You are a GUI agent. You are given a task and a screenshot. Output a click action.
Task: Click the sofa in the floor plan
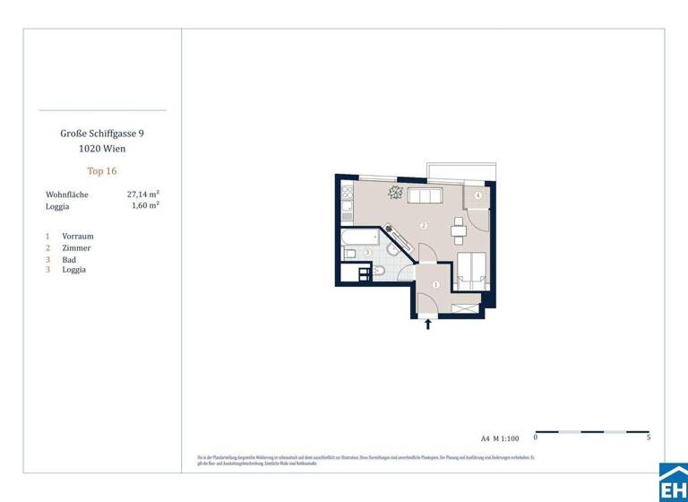click(423, 197)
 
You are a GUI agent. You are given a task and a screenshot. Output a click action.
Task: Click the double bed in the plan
click(471, 269)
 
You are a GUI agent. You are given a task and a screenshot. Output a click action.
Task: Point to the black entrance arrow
click(427, 324)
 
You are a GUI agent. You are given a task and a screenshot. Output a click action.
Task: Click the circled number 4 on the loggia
click(478, 195)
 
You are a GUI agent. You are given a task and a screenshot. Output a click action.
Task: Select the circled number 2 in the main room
click(424, 225)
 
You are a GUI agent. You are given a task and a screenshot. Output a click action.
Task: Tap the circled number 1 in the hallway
click(435, 285)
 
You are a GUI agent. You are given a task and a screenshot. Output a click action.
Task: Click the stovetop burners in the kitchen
click(347, 192)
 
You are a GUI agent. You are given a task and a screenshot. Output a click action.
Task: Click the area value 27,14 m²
click(143, 194)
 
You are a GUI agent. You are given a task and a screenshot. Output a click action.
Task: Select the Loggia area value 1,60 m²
click(145, 205)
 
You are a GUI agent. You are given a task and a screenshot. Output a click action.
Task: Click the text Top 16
click(101, 170)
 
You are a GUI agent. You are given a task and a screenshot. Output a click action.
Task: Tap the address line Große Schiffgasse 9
click(101, 133)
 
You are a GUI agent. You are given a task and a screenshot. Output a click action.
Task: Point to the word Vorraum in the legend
click(77, 236)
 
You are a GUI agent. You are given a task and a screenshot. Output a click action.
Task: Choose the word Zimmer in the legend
click(76, 247)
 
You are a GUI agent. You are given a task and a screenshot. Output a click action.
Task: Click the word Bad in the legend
click(69, 259)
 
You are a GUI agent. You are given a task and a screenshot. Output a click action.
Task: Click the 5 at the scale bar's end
click(649, 438)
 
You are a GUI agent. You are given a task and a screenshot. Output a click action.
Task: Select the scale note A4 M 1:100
click(499, 438)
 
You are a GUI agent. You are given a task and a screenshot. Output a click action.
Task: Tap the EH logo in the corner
click(673, 484)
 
